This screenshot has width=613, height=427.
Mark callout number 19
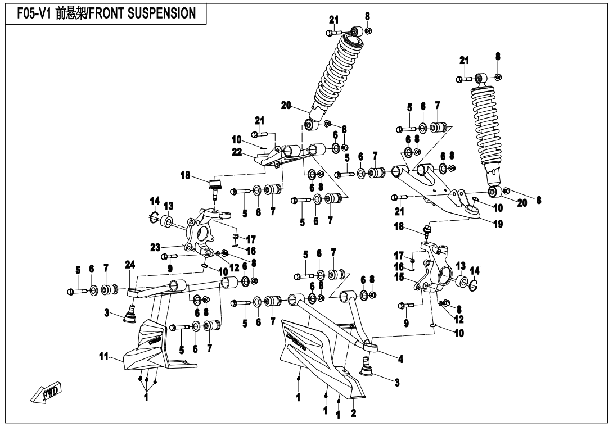pos(497,223)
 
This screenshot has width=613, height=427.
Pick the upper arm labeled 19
pos(433,185)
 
